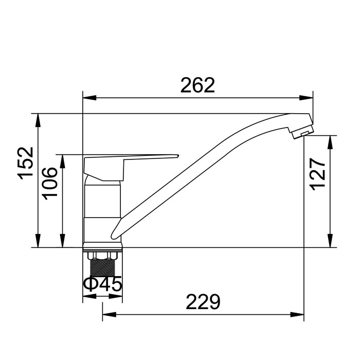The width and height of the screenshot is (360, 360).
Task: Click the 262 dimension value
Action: [x=197, y=85]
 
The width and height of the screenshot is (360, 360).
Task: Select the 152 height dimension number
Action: [x=26, y=163]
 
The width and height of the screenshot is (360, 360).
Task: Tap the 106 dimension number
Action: [x=49, y=184]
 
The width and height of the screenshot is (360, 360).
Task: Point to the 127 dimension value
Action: [x=317, y=174]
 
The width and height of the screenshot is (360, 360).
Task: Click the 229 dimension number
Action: [x=203, y=302]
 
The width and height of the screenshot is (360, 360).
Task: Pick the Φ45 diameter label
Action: [x=102, y=284]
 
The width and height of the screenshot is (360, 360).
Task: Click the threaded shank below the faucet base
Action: [x=102, y=267]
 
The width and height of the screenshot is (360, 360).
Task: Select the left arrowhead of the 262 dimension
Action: [x=89, y=98]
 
